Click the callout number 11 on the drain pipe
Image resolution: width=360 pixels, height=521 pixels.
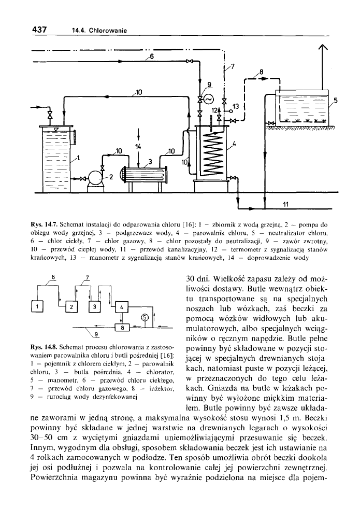pyautogui.click(x=285, y=204)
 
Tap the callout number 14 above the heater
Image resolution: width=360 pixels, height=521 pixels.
pyautogui.click(x=138, y=147)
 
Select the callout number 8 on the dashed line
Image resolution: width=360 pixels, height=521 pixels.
pyautogui.click(x=262, y=72)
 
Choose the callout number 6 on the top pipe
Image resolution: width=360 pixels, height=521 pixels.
pyautogui.click(x=151, y=55)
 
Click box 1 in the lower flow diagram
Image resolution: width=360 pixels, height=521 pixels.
pyautogui.click(x=37, y=306)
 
